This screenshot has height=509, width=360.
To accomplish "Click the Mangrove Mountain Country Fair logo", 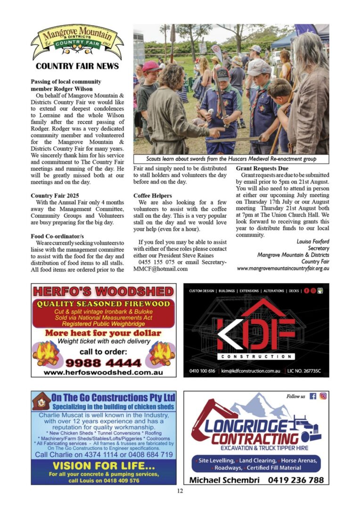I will click(x=77, y=42).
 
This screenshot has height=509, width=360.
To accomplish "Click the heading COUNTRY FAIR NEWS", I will click(x=77, y=66).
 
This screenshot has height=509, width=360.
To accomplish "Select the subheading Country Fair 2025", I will click(x=55, y=195).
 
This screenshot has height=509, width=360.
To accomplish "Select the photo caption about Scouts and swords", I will click(x=231, y=159).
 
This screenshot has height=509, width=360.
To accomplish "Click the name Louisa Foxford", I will click(x=313, y=242).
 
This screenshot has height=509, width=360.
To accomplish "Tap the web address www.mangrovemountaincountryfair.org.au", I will click(x=283, y=268).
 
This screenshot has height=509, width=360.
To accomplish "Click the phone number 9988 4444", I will click(x=103, y=363).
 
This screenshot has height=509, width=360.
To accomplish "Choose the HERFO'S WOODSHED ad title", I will click(x=103, y=291).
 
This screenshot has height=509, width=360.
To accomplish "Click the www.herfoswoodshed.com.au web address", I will click(x=103, y=372).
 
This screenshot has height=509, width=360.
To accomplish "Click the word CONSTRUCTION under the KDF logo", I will click(x=256, y=357).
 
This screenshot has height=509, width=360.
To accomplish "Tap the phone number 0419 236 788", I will click(x=295, y=480).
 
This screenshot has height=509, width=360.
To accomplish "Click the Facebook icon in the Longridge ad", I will click(x=313, y=396).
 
